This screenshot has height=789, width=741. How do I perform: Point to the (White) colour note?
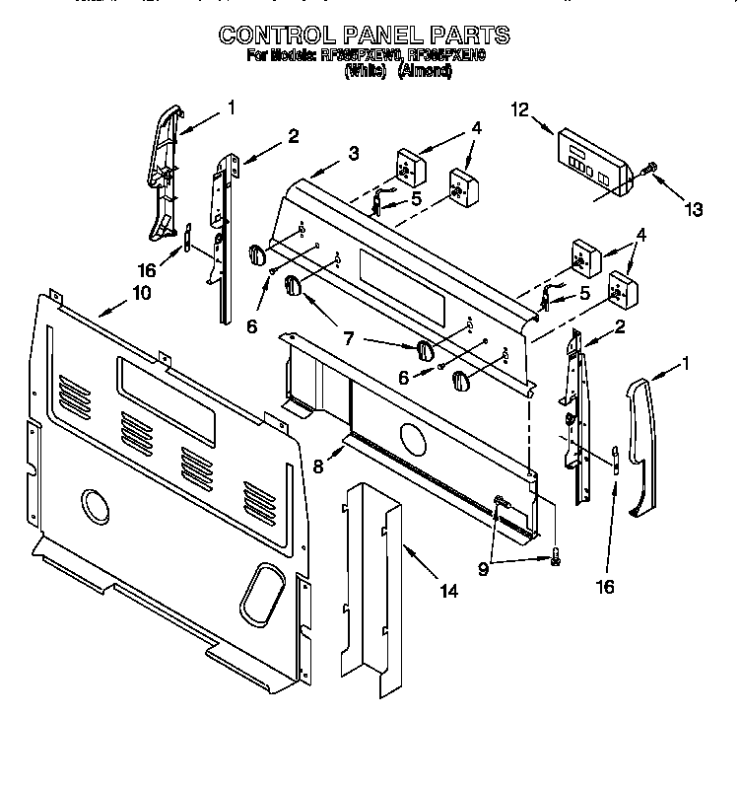click(x=365, y=72)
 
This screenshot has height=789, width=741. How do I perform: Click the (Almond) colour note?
click(x=424, y=72)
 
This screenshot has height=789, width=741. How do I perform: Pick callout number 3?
click(x=353, y=153)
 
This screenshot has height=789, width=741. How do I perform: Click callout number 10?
click(x=141, y=293)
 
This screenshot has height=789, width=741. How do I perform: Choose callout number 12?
click(x=520, y=111)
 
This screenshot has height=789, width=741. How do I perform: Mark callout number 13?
click(x=694, y=208)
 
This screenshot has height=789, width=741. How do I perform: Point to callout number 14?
click(x=448, y=592)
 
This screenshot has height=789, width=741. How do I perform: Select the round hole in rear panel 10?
click(x=97, y=506)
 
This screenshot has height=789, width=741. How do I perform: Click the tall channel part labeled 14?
click(x=375, y=592)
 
